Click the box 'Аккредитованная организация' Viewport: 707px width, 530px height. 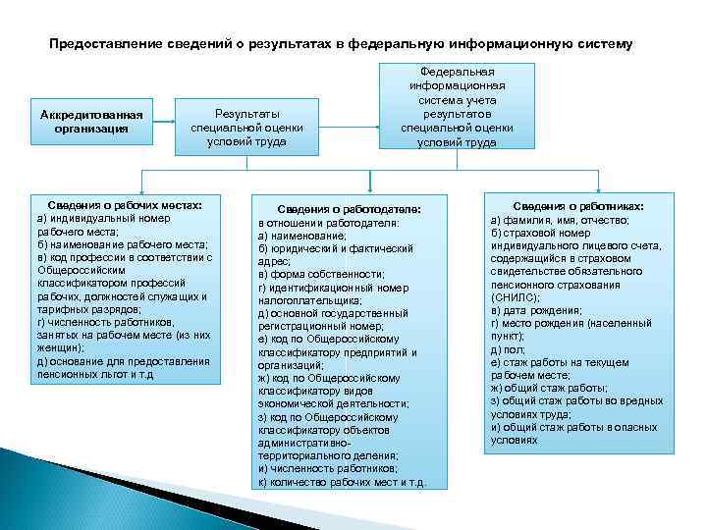pyautogui.click(x=91, y=122)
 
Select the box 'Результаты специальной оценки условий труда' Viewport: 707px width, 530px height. pyautogui.click(x=247, y=127)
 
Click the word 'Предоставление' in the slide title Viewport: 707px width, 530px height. pyautogui.click(x=104, y=45)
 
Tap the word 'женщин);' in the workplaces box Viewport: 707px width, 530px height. pyautogui.click(x=61, y=347)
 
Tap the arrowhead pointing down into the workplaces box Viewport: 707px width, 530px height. pyautogui.click(x=143, y=192)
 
